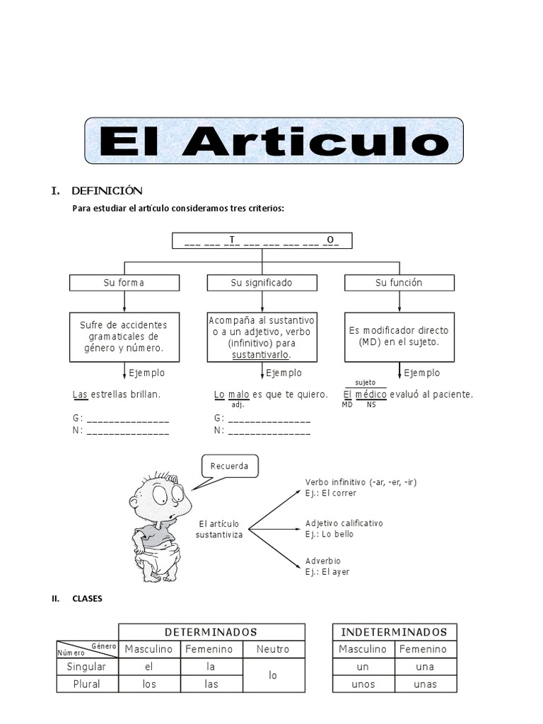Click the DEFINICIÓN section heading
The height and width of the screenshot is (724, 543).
[106, 191]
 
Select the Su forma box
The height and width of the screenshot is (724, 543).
[124, 283]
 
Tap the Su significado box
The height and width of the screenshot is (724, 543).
[262, 283]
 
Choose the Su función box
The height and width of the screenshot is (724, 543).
[399, 283]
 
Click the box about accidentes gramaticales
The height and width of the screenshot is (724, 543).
[124, 337]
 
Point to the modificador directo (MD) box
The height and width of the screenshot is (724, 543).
[399, 336]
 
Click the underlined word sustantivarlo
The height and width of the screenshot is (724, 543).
[261, 354]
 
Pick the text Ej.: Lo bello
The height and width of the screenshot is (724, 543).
[329, 535]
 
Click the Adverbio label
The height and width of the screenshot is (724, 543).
[322, 561]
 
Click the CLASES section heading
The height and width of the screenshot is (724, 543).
[87, 599]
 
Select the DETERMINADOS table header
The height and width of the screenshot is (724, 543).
[211, 632]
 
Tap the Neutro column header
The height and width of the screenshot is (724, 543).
[273, 649]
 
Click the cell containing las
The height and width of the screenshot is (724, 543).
[211, 684]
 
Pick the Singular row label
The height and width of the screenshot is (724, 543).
[86, 667]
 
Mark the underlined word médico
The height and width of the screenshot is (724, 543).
[370, 394]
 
